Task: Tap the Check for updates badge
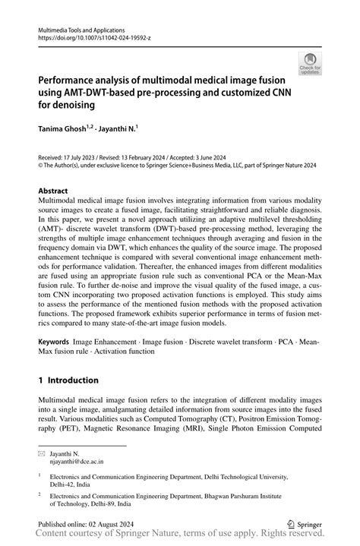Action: pos(311,65)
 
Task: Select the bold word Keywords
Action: pos(58,342)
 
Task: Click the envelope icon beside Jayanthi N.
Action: pos(42,453)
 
